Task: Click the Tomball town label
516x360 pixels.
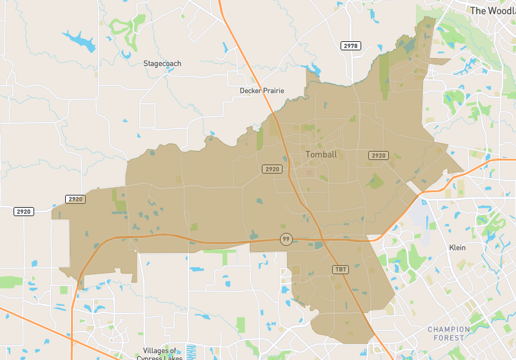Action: coord(321,155)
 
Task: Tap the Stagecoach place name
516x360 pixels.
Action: coord(162,64)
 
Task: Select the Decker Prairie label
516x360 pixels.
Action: coord(262,91)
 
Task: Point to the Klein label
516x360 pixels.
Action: coord(457,248)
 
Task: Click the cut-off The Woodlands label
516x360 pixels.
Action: coord(493,11)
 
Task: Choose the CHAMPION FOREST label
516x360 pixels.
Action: coord(449,334)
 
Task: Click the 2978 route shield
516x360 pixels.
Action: coord(351,46)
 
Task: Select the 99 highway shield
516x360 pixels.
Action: coord(286,239)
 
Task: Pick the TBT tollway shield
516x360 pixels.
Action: coord(340,269)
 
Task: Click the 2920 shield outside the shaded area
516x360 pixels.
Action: coord(24,212)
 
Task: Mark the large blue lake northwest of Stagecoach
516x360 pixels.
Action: coord(79,41)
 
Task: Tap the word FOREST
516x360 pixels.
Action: coord(449,338)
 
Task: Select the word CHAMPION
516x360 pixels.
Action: coord(449,330)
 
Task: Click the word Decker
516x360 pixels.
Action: coord(250,91)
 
